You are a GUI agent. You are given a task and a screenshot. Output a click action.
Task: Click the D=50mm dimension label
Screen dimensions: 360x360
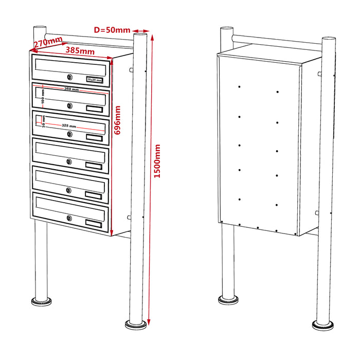(112, 30)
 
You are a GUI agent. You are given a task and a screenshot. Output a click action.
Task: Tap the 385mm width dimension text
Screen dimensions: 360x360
(80, 51)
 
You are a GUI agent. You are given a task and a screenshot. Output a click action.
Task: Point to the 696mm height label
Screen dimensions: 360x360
(117, 120)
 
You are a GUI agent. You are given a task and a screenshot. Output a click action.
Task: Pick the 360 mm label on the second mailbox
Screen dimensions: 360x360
(71, 89)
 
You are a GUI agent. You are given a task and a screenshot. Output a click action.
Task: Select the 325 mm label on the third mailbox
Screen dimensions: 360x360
(69, 125)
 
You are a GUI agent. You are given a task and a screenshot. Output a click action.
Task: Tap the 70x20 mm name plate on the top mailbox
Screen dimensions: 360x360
(95, 80)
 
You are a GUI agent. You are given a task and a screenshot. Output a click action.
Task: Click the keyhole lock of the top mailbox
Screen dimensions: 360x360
(69, 78)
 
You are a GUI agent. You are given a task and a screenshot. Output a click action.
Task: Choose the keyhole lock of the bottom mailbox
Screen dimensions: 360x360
(69, 218)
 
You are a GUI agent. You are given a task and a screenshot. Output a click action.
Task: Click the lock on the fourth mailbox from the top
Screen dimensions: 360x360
(69, 162)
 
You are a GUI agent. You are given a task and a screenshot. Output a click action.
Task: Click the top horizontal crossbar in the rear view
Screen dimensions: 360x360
(278, 39)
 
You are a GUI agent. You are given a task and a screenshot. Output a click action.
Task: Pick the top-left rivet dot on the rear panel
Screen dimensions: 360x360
(240, 87)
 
